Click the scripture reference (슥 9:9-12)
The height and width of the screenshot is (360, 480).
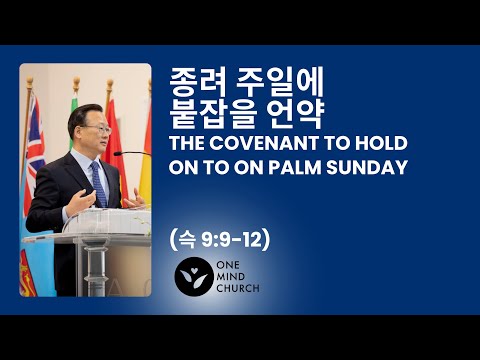pyautogui.click(x=221, y=239)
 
